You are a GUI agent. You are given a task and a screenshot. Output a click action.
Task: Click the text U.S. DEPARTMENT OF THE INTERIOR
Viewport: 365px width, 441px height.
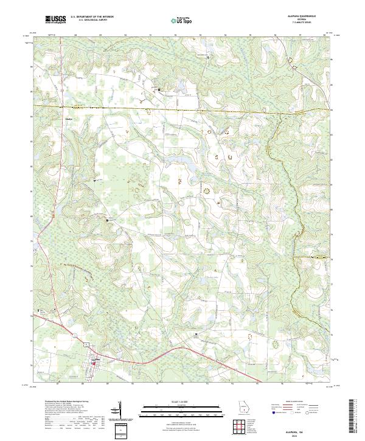tap(92, 17)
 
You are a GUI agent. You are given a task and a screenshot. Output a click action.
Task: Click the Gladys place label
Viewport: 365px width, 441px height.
tap(69, 118)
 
